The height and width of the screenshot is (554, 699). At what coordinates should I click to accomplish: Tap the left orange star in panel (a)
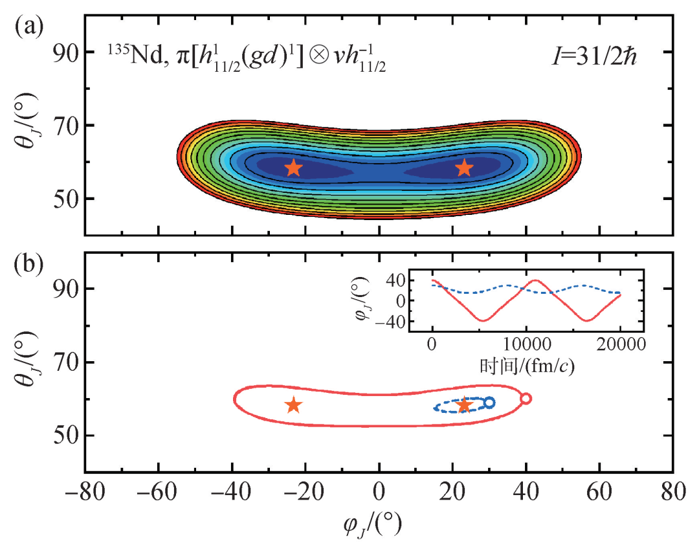point(293,168)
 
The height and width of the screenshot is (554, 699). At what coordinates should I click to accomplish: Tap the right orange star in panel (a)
point(464,168)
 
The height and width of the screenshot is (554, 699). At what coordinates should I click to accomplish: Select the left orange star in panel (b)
point(293,405)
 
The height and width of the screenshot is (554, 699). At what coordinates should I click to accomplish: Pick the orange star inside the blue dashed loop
point(464,406)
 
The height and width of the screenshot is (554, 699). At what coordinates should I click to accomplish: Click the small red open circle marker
point(526,399)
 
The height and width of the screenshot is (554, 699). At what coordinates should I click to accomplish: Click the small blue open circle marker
point(489,403)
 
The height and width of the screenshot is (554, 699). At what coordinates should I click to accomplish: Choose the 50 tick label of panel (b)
point(64,436)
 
